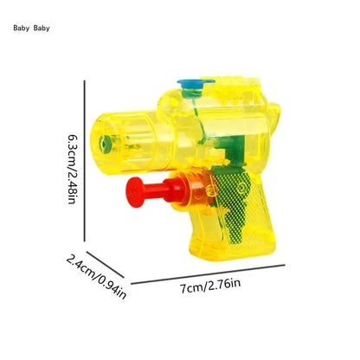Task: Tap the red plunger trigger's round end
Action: pyautogui.click(x=133, y=188)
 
